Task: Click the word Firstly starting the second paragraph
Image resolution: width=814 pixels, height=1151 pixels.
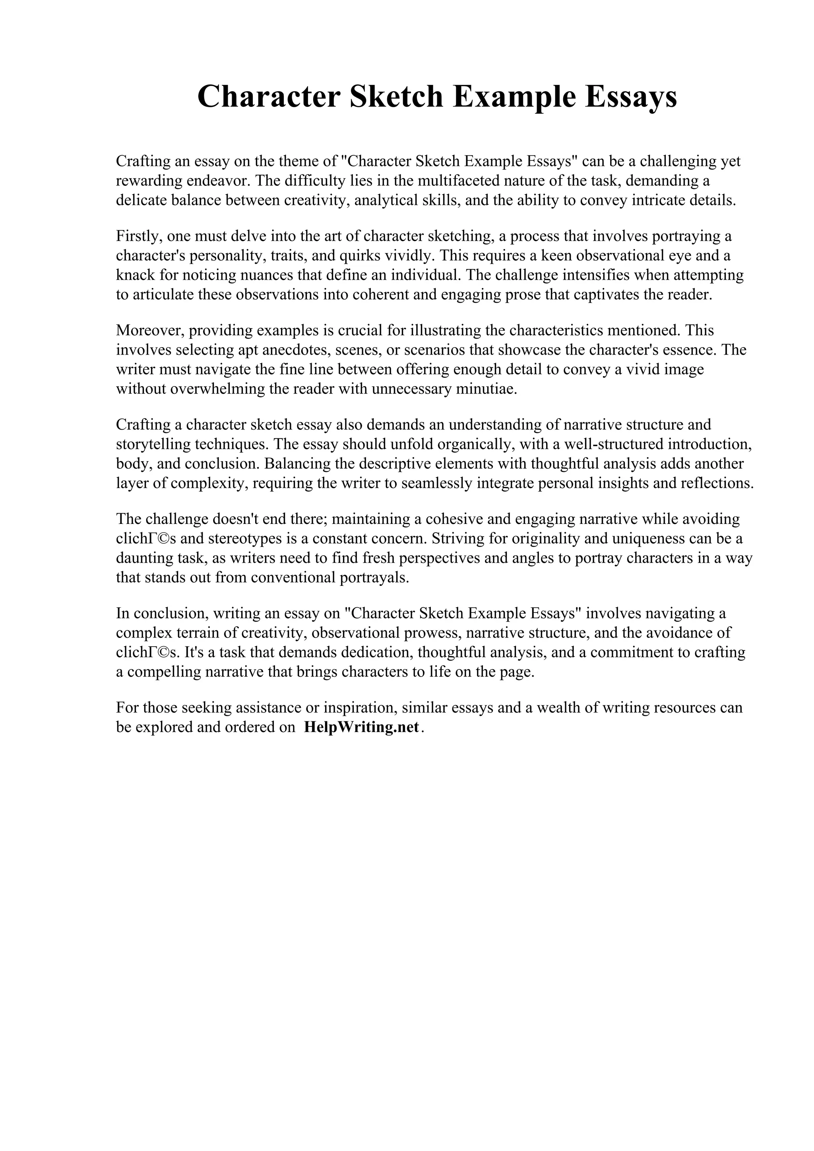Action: [136, 236]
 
